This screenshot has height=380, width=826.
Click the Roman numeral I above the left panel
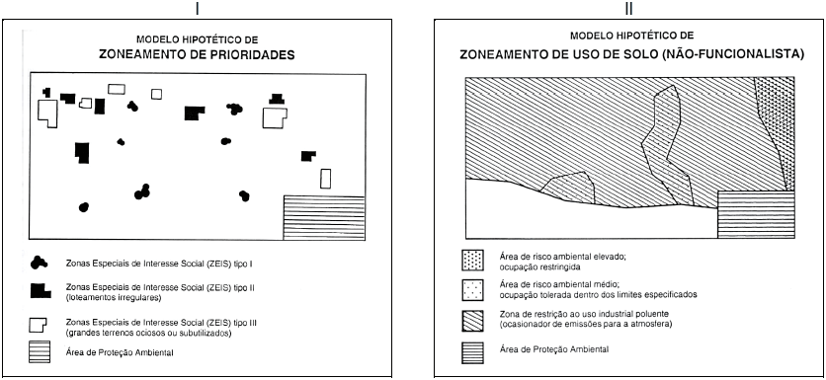[x=198, y=8]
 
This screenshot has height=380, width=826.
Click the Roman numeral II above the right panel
[x=629, y=8]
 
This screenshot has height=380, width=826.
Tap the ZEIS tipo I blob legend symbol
[x=39, y=263]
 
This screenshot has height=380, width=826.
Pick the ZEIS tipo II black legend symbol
[x=41, y=291]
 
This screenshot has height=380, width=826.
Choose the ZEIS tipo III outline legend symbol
[x=38, y=326]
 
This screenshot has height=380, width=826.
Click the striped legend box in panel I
[x=40, y=351]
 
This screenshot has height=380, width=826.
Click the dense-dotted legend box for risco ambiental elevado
[x=472, y=260]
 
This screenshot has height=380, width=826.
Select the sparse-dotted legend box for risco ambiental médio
[x=472, y=290]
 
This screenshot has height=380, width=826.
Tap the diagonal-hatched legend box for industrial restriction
[x=472, y=321]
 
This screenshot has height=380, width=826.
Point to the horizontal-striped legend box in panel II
[x=472, y=352]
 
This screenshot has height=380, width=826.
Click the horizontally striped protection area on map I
[x=324, y=217]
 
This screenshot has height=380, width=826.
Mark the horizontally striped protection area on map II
[x=756, y=215]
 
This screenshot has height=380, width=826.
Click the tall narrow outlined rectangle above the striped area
[x=325, y=179]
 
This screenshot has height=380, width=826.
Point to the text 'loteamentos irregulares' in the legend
[x=114, y=298]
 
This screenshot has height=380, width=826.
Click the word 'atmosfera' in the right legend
[x=655, y=325]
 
